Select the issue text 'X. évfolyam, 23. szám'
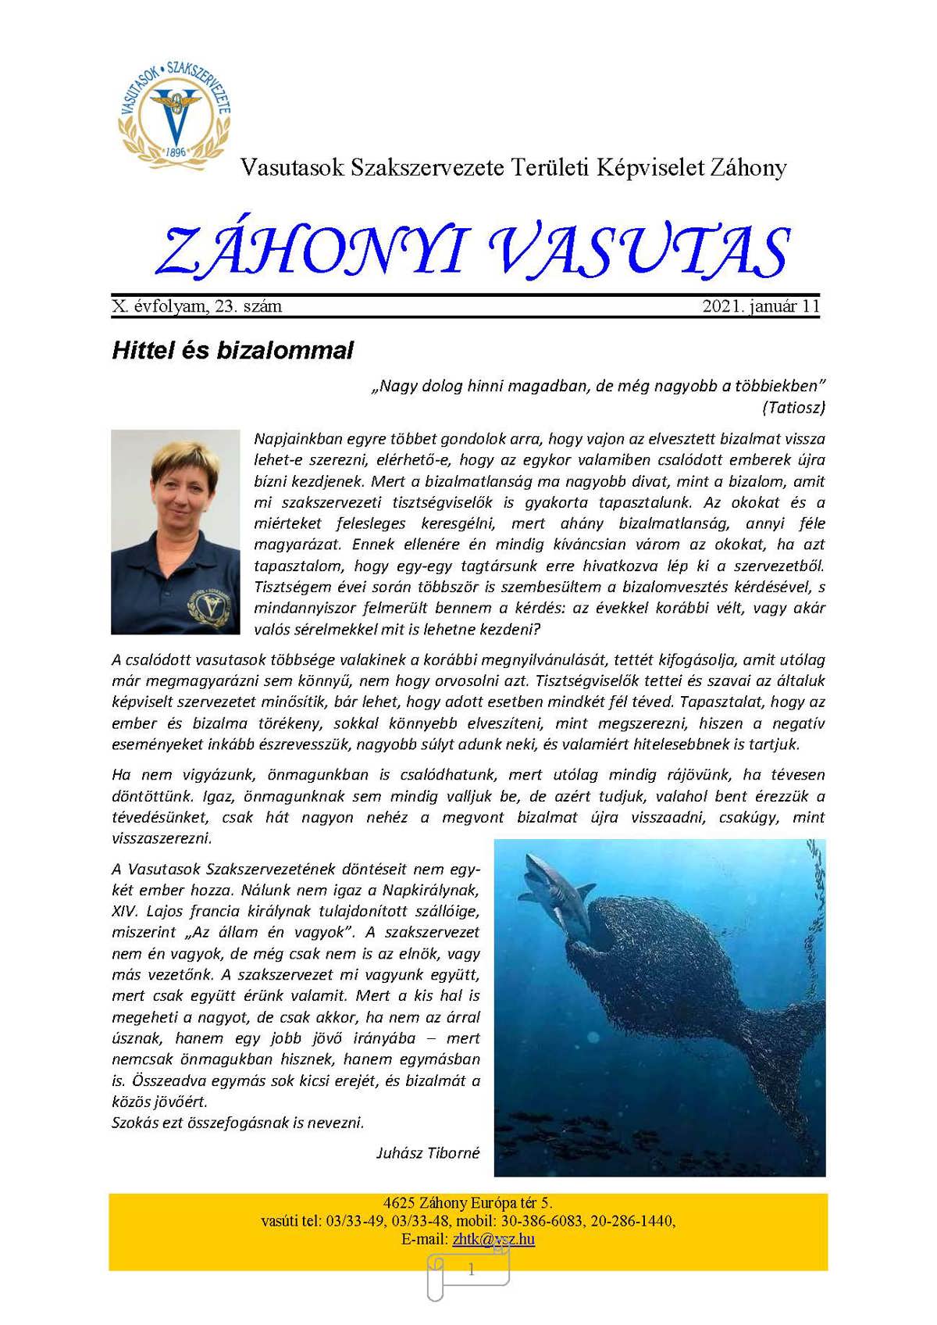pyautogui.click(x=197, y=306)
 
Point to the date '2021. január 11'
pyautogui.click(x=761, y=306)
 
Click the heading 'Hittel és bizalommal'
pyautogui.click(x=233, y=350)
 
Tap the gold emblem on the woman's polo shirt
pyautogui.click(x=208, y=606)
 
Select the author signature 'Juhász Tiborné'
pyautogui.click(x=428, y=1152)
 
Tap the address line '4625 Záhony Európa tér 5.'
pyautogui.click(x=468, y=1203)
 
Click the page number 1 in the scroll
pyautogui.click(x=471, y=1270)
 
